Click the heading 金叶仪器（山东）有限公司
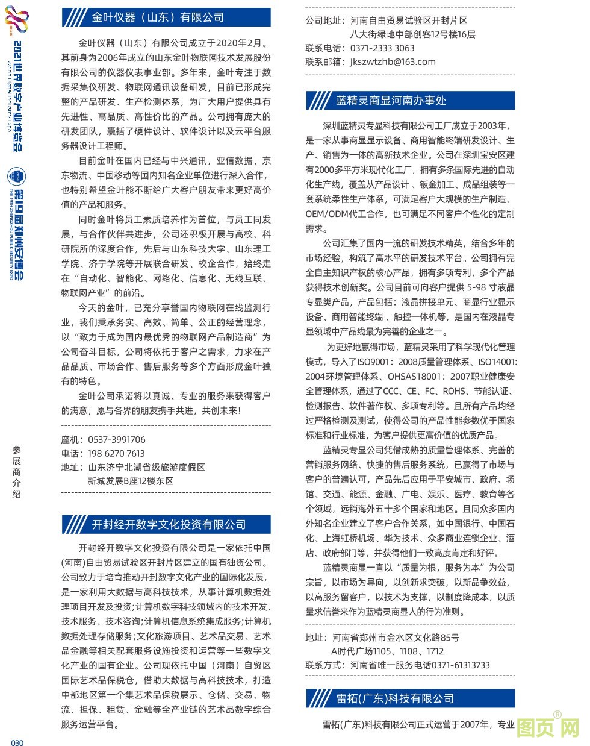point(158,17)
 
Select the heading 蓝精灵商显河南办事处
point(391,101)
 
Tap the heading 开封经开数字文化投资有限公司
point(169,524)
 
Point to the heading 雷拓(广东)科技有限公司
point(395,698)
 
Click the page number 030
point(17,742)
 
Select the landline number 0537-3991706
point(117,440)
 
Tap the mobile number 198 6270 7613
point(116,454)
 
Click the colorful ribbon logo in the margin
point(16,19)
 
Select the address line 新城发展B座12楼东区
point(131,481)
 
